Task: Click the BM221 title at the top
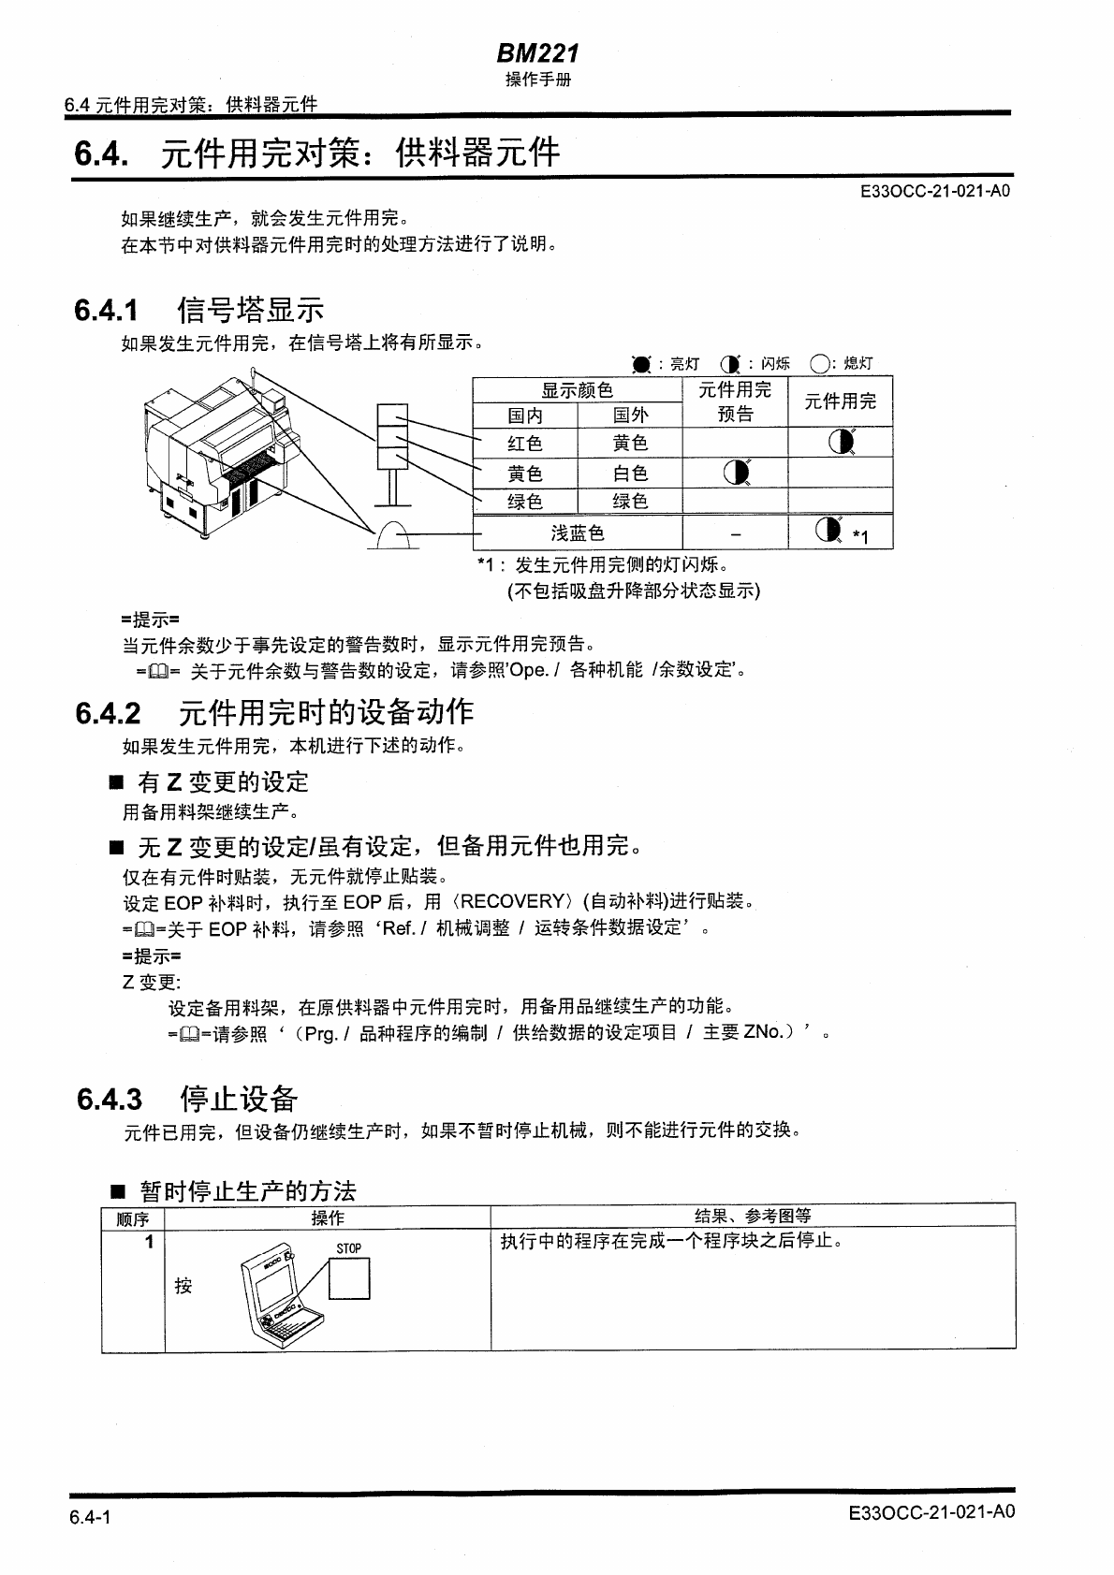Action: coord(537,54)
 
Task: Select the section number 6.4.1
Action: coord(107,309)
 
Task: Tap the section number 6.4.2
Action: coord(109,713)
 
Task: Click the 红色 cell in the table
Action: coord(524,444)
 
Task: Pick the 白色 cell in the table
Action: coord(629,474)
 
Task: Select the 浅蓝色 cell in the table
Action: coord(577,533)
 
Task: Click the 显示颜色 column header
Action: coord(577,390)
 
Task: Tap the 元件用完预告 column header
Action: coord(735,401)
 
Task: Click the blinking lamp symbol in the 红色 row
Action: coord(842,442)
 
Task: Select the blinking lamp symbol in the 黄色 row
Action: coord(736,474)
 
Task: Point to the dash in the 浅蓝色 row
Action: coord(736,533)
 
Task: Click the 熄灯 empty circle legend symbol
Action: coord(820,364)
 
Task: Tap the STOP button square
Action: coord(349,1278)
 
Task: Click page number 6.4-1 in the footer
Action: coord(90,1518)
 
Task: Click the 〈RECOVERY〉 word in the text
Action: coord(511,902)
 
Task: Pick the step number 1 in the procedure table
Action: coord(148,1243)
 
